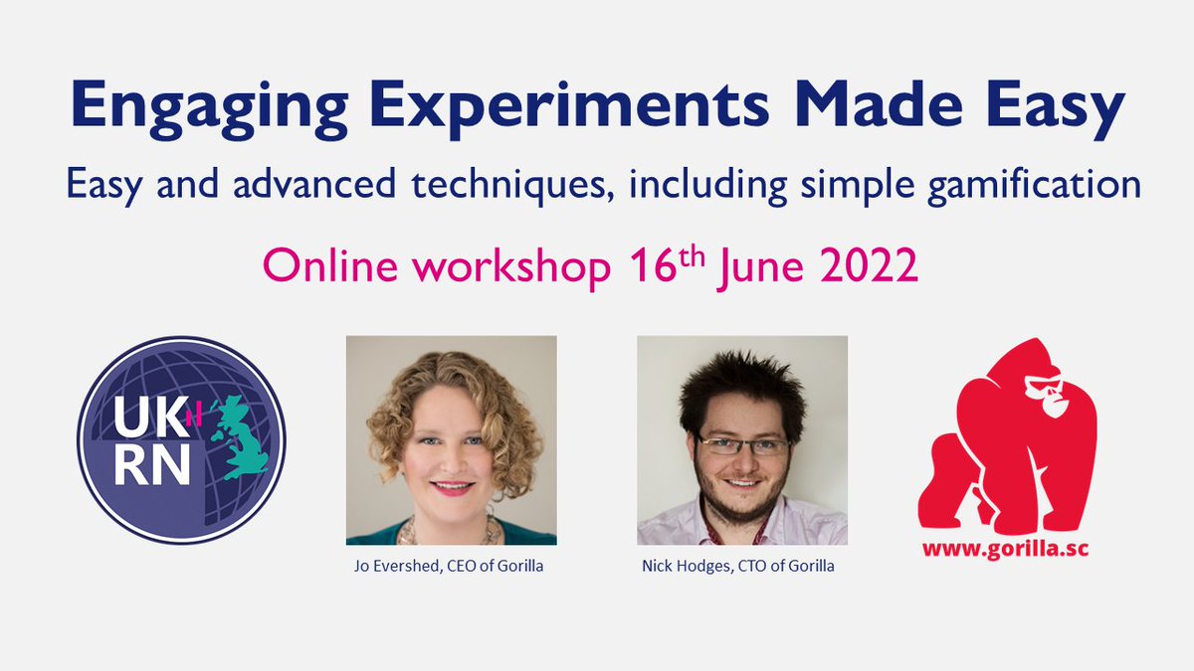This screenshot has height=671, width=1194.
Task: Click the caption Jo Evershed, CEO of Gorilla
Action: pos(451,566)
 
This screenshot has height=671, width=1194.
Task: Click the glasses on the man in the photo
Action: pos(741,446)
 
